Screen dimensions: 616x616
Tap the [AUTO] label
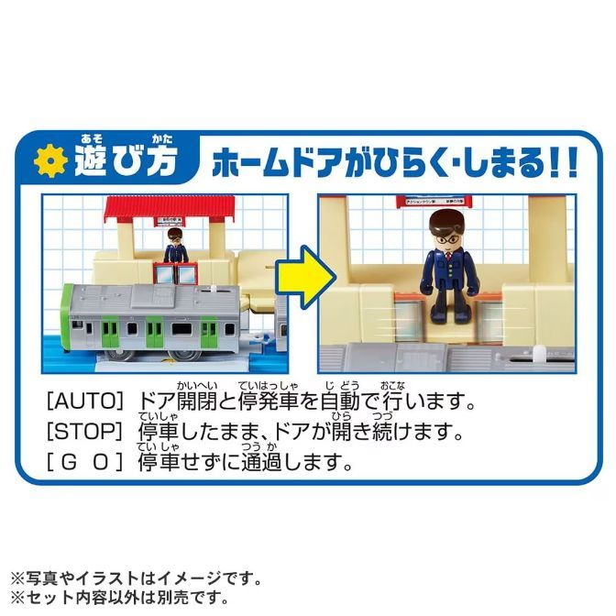coord(83,401)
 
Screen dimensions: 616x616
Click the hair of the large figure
coord(447,218)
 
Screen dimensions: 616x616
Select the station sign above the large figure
coord(446,201)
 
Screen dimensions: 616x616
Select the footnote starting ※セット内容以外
coord(119,599)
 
